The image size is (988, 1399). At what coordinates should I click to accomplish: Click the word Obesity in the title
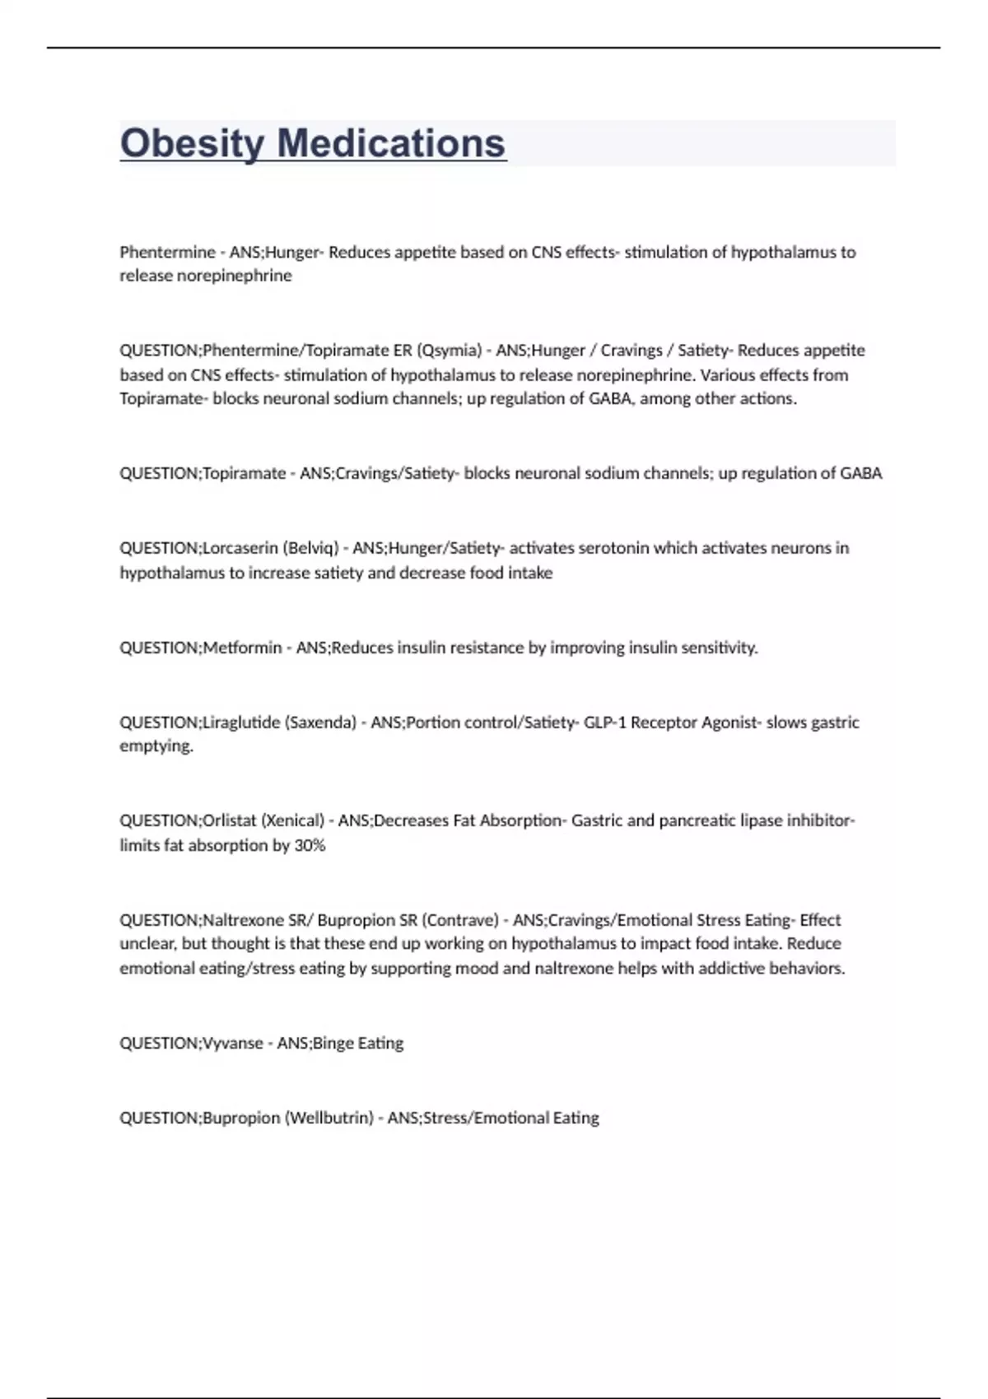(190, 143)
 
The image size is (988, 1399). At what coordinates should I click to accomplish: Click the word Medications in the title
(391, 143)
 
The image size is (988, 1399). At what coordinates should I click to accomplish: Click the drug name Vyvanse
(233, 1043)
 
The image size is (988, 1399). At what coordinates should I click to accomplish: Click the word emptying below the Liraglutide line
(156, 746)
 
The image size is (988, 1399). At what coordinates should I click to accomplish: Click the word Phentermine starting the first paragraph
(167, 253)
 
